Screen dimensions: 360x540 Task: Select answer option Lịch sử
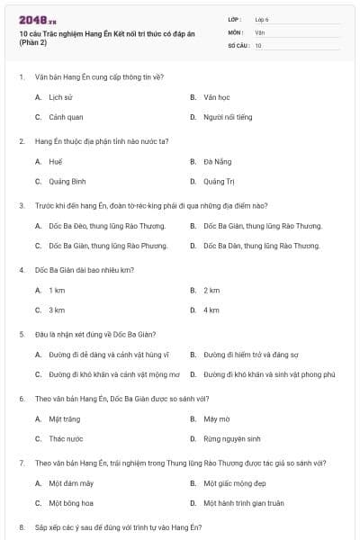pos(60,96)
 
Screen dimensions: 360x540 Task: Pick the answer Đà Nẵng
pos(215,161)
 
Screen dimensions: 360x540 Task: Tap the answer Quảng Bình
pos(67,181)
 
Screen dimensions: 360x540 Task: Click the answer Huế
pos(56,161)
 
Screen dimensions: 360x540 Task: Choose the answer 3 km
pos(57,310)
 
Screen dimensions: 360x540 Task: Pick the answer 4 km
pos(211,310)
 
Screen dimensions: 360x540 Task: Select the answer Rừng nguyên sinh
pos(231,438)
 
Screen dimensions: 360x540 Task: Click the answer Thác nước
pos(66,438)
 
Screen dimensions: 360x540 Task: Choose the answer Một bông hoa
pos(71,503)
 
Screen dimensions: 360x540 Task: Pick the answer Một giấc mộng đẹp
pos(230,483)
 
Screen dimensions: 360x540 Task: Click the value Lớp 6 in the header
pos(262,19)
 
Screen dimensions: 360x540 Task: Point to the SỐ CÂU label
pos(238,44)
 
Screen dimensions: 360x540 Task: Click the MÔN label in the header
pos(236,31)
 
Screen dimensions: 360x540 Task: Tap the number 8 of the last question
pos(21,526)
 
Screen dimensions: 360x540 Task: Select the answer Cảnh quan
pos(66,117)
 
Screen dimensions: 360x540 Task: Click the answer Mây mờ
pos(216,418)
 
